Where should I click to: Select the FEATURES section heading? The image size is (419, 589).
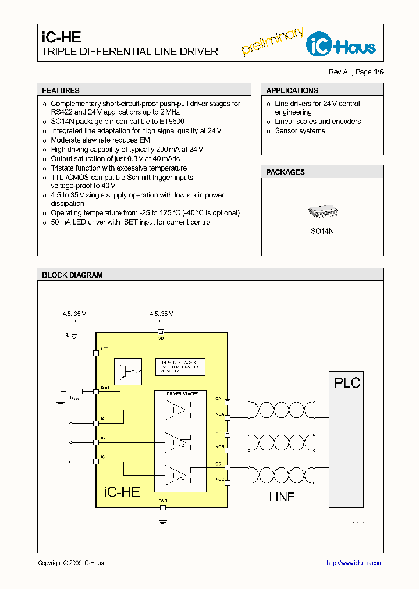[61, 91]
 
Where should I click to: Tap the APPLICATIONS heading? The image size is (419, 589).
[292, 91]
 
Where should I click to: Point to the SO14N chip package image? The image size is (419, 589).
[322, 212]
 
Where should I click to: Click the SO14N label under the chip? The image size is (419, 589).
[322, 231]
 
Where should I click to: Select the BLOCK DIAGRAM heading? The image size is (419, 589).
[72, 275]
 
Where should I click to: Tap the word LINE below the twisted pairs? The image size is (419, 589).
[282, 497]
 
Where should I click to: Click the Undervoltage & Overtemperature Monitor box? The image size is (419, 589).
[180, 366]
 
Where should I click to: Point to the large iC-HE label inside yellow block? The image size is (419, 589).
[122, 492]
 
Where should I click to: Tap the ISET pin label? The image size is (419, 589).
[105, 387]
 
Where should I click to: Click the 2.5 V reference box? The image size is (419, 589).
[129, 371]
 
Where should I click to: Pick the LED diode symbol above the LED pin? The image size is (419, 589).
[73, 337]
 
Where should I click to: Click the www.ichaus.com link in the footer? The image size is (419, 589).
[354, 563]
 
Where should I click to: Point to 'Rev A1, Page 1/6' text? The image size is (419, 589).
[356, 72]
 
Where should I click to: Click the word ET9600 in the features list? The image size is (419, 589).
[171, 122]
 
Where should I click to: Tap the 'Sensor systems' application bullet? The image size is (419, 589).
[300, 131]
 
